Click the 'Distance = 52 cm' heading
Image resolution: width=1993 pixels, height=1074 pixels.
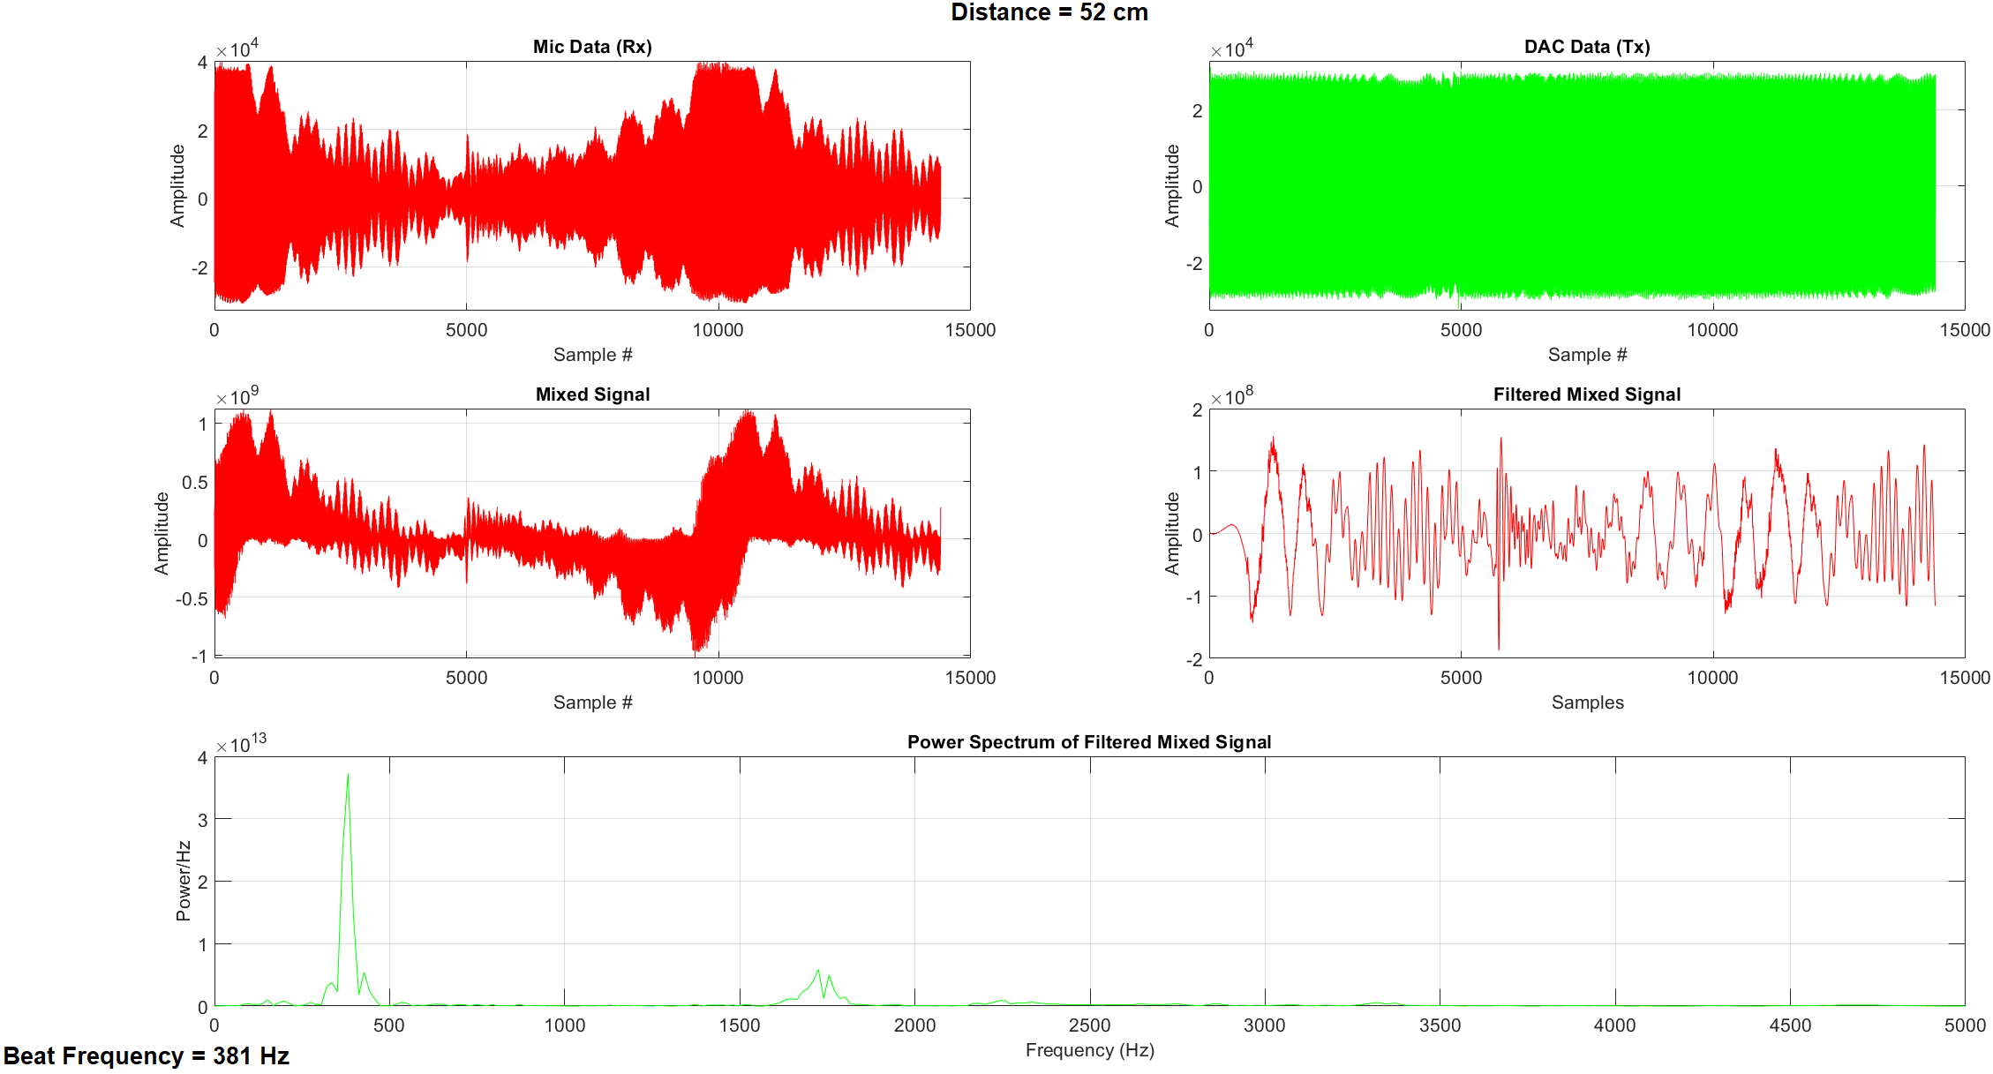click(1049, 12)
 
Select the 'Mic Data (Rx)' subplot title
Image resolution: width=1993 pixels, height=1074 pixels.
click(592, 47)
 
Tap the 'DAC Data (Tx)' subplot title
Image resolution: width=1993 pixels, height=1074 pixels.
click(1586, 47)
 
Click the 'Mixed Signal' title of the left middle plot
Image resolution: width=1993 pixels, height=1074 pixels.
click(592, 394)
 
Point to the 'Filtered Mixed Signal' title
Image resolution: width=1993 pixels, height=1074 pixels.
click(1586, 394)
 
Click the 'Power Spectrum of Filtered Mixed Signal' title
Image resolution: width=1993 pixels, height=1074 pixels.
click(1089, 742)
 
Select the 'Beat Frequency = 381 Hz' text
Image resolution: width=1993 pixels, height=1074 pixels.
click(147, 1056)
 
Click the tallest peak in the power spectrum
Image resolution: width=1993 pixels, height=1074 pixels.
click(348, 777)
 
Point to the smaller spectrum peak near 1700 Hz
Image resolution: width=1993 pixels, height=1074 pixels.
click(818, 972)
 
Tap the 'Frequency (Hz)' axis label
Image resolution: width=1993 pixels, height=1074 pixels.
click(1089, 1050)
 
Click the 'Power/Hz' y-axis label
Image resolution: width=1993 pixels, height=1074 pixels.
click(184, 881)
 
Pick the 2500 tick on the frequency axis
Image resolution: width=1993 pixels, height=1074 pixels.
click(1089, 1025)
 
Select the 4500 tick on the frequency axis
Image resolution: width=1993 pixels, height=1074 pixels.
click(1790, 1025)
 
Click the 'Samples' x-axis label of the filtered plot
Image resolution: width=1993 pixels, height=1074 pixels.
click(1587, 702)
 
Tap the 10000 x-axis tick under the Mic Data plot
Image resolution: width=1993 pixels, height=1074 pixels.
click(718, 330)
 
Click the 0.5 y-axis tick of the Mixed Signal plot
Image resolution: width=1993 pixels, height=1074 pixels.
click(195, 482)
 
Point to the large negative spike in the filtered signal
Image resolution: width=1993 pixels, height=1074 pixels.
click(1498, 646)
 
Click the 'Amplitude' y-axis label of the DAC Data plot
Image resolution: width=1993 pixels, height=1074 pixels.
click(1172, 185)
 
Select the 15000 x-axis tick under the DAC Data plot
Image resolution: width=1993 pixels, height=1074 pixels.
click(1964, 330)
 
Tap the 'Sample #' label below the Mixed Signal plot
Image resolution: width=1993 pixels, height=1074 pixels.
click(592, 702)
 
